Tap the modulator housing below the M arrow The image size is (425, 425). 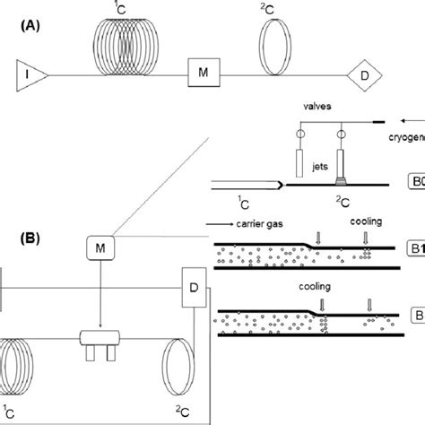[106, 338]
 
